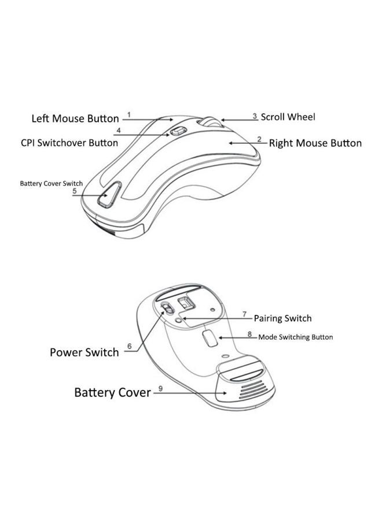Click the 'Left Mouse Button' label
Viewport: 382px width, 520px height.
click(75, 119)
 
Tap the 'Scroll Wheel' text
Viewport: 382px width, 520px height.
click(288, 117)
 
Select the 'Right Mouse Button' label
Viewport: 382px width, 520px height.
click(315, 143)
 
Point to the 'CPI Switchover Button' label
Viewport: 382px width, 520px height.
click(69, 143)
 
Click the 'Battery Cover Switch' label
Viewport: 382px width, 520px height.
click(52, 183)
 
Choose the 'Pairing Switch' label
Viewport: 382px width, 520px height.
click(282, 318)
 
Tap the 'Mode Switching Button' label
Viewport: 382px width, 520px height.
click(295, 337)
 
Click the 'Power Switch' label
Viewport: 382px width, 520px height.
click(85, 352)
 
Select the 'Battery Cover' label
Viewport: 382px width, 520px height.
click(112, 392)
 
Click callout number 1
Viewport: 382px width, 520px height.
click(130, 114)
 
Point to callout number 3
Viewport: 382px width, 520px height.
click(255, 116)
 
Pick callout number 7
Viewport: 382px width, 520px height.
click(245, 315)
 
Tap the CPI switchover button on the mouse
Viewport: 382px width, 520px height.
click(177, 132)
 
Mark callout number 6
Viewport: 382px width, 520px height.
click(129, 346)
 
